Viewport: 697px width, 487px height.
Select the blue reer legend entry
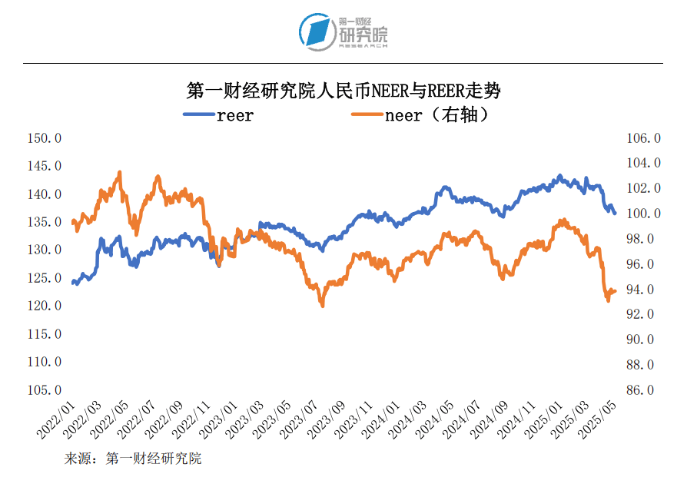[218, 115]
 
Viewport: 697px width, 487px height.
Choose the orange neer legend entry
[420, 115]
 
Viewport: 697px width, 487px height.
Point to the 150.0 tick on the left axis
[44, 138]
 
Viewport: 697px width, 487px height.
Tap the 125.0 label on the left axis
[44, 278]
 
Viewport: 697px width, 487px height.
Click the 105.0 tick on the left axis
[44, 389]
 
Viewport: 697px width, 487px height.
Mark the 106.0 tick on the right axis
[643, 138]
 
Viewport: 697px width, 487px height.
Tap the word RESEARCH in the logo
[363, 46]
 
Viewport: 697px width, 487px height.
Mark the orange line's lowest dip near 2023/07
[322, 306]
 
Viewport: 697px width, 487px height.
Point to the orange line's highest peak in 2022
[120, 172]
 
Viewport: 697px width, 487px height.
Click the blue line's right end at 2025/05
[615, 214]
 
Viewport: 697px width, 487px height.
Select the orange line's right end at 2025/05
[615, 291]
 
